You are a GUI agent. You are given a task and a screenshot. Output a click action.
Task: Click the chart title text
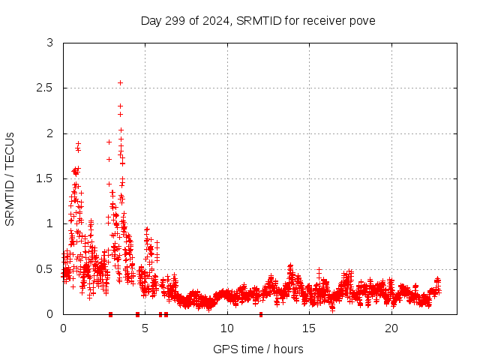click(258, 20)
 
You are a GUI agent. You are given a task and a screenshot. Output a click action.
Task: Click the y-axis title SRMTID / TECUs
click(10, 178)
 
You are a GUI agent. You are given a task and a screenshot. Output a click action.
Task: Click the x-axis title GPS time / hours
click(258, 349)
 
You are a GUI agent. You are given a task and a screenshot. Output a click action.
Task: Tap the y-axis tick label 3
click(50, 43)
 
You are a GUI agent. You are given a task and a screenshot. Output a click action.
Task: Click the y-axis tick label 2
click(50, 133)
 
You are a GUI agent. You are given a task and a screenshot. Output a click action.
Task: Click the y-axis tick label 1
click(50, 223)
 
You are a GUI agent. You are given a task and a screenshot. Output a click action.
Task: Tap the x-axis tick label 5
click(145, 328)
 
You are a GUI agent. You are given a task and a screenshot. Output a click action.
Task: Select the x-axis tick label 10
click(227, 328)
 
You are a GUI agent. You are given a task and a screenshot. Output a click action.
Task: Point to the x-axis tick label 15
click(310, 328)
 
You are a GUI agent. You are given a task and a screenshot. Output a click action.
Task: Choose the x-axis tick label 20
click(391, 328)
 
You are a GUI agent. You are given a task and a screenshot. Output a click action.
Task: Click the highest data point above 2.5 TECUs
click(120, 82)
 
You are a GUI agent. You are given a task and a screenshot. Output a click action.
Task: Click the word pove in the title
click(362, 20)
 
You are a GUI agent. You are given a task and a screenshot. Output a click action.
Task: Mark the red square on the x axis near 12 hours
click(260, 313)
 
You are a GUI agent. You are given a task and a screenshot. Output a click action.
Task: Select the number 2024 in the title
click(215, 20)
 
